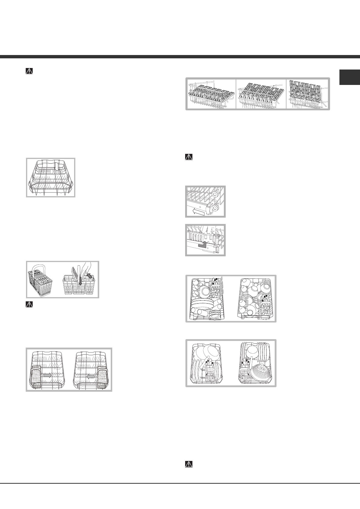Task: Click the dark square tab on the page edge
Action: (x=349, y=78)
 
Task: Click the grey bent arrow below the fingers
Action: (x=203, y=244)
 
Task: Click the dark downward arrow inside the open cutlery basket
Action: (x=80, y=279)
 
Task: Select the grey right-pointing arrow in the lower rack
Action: (x=47, y=375)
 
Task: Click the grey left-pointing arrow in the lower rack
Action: (x=91, y=377)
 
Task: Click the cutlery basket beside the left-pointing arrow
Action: (x=102, y=376)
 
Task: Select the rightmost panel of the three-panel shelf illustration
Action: (x=307, y=94)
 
